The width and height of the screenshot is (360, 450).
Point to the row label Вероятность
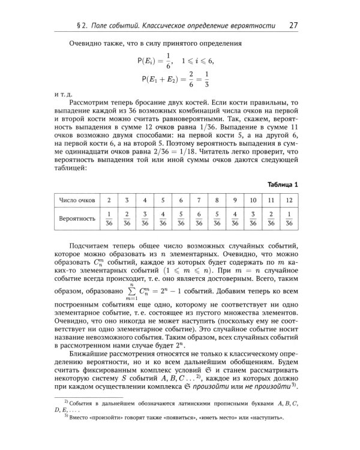pos(77,218)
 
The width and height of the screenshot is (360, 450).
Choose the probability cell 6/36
pos(199,218)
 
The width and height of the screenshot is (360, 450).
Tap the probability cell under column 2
pos(109,218)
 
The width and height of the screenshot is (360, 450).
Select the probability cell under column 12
pos(289,218)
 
